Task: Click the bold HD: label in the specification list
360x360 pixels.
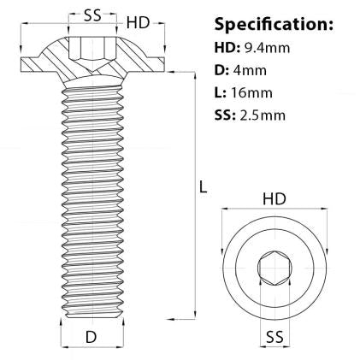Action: (227, 49)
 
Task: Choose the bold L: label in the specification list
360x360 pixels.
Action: (221, 93)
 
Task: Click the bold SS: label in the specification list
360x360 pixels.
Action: (226, 115)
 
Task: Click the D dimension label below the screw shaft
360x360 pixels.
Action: (90, 337)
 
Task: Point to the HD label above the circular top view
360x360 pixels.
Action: (274, 198)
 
